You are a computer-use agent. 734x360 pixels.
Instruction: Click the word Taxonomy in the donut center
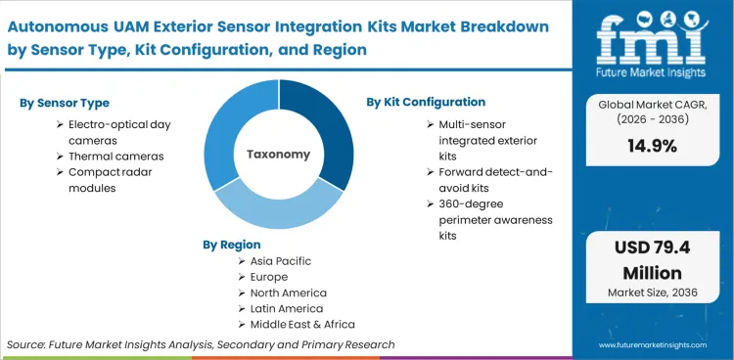pos(279,154)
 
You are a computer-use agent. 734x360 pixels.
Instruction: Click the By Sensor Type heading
pos(64,103)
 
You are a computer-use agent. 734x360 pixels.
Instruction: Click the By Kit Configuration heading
pos(426,102)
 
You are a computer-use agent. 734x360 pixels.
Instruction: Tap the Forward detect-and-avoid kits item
pos(492,180)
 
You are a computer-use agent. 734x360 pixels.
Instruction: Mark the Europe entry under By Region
pos(270,277)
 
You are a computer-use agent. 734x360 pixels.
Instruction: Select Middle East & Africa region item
pos(302,324)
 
